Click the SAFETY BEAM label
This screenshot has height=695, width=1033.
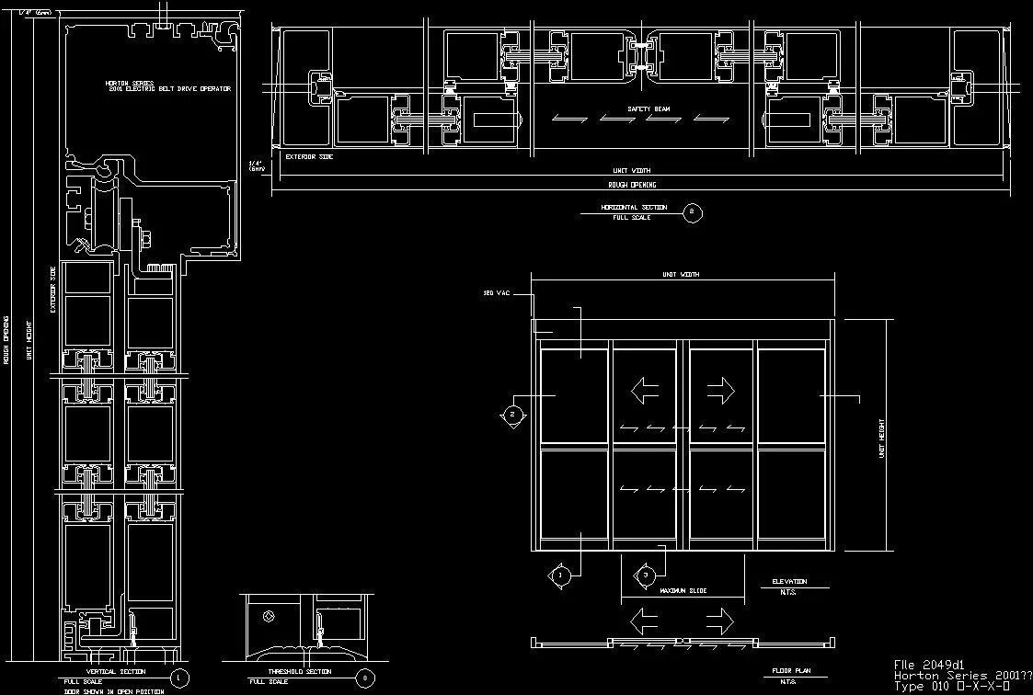pyautogui.click(x=648, y=109)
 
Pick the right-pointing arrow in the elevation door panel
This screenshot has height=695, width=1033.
pyautogui.click(x=722, y=391)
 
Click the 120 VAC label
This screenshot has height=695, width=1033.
pyautogui.click(x=497, y=293)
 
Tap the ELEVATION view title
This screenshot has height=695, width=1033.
pyautogui.click(x=789, y=582)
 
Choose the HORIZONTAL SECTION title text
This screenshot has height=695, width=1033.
pyautogui.click(x=634, y=208)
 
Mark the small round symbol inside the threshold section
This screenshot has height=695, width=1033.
pyautogui.click(x=269, y=616)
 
